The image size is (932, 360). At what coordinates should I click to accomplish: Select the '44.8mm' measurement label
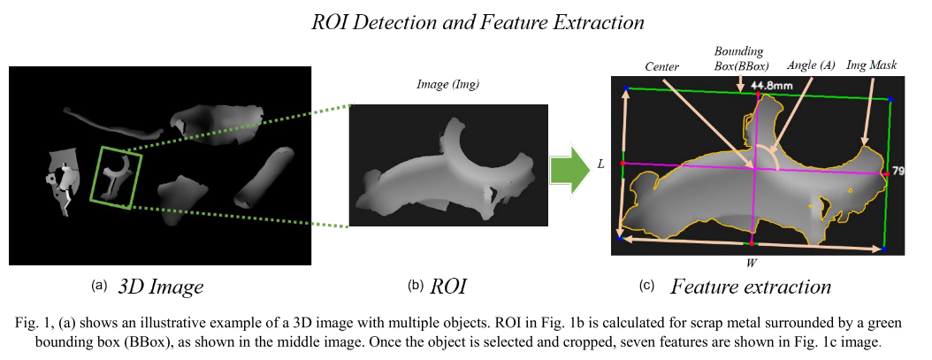[x=768, y=86]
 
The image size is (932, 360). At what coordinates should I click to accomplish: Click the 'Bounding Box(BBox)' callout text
[x=741, y=58]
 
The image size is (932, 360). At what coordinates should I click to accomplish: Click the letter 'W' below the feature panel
[x=751, y=263]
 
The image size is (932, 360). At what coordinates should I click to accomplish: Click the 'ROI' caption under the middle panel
[x=448, y=287]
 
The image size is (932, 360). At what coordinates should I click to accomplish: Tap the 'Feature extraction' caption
[x=751, y=287]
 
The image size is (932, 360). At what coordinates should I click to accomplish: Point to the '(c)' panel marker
[x=646, y=286]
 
